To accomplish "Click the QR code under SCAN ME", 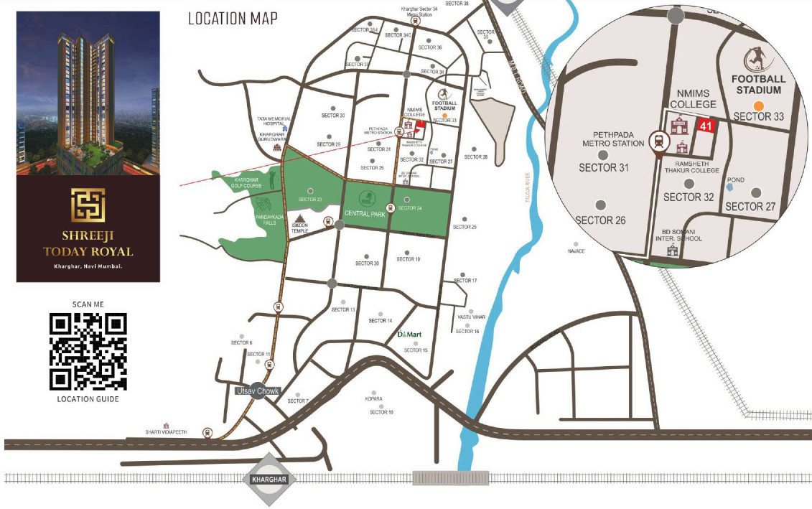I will point(88,352).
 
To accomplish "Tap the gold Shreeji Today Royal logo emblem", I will point(88,205).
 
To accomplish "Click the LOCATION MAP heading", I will point(233,19).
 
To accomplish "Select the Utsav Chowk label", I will point(257,391).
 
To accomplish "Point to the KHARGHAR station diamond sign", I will point(269,479).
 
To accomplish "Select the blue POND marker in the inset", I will point(729,187).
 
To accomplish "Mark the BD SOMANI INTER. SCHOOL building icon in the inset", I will point(673,251).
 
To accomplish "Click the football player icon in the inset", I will point(757,57).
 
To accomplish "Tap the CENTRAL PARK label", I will point(365,213).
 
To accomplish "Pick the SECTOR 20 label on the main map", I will point(366,263).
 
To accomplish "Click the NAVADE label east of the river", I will point(577,251).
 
